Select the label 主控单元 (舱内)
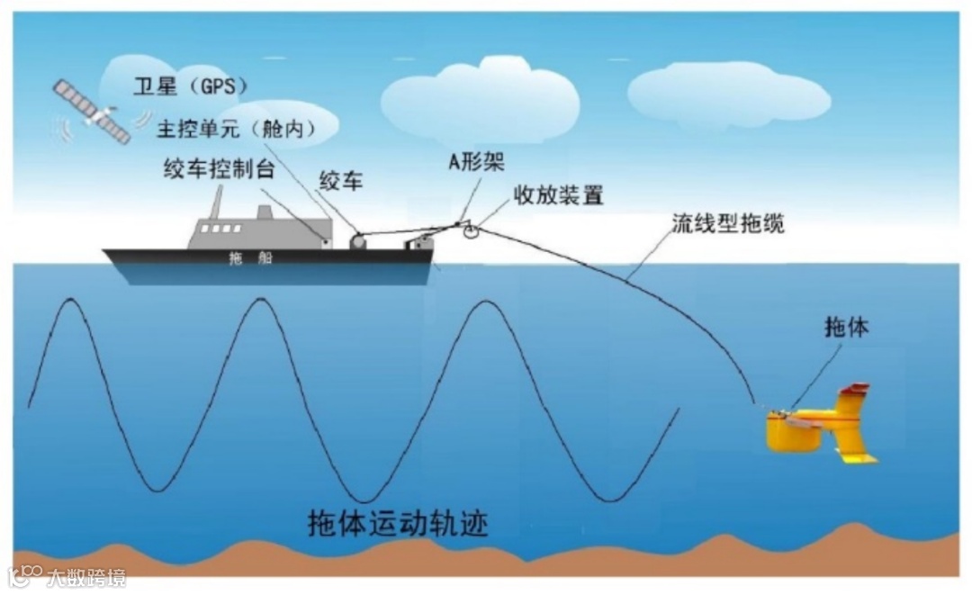point(237,129)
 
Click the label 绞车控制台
point(218,168)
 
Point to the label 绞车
point(341,180)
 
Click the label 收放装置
point(557,194)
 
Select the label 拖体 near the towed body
point(847,329)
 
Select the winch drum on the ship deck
point(357,240)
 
